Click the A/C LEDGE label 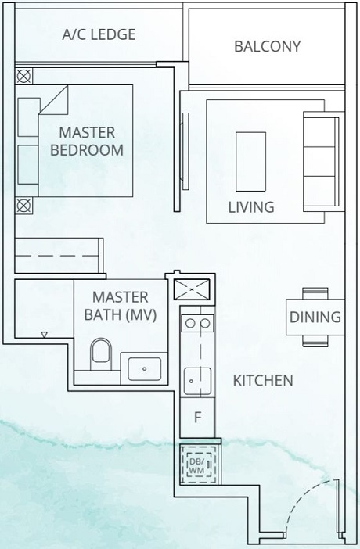pos(99,34)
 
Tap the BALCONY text pos(267,46)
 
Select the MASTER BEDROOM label pos(87,141)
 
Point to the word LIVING pos(250,207)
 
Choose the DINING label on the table pos(315,317)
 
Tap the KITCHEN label pos(263,381)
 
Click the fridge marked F pos(198,416)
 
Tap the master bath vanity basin pos(143,366)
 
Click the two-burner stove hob pos(197,322)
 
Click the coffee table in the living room pos(250,161)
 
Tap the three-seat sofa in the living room pos(322,160)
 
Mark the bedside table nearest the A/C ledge pos(23,77)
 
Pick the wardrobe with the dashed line pos(59,257)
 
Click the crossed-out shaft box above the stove pos(193,289)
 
